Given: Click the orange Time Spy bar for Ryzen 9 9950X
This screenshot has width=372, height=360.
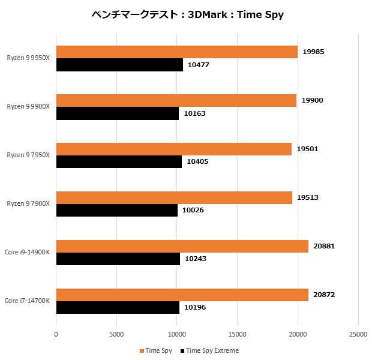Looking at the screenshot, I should point(177,52).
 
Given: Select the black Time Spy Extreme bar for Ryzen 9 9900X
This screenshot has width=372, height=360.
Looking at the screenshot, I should point(118,113).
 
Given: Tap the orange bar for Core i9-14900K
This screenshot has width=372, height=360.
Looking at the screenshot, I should point(182,246).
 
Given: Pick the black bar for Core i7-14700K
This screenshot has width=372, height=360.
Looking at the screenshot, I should point(118,307).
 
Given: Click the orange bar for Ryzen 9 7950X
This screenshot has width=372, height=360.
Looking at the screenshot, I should point(174,149).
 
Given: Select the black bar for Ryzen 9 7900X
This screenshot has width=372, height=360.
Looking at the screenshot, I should point(117,210).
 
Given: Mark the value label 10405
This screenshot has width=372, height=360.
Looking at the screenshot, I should point(198,161).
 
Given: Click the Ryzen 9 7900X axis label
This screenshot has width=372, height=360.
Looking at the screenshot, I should point(28,204).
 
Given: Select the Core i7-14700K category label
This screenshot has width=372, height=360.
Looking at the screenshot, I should point(27,301).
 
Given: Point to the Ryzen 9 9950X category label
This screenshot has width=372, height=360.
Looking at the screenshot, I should point(28,58).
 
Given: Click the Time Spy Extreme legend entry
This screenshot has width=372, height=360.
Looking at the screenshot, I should point(212,350).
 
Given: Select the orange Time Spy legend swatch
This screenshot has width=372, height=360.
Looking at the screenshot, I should point(142,350).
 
